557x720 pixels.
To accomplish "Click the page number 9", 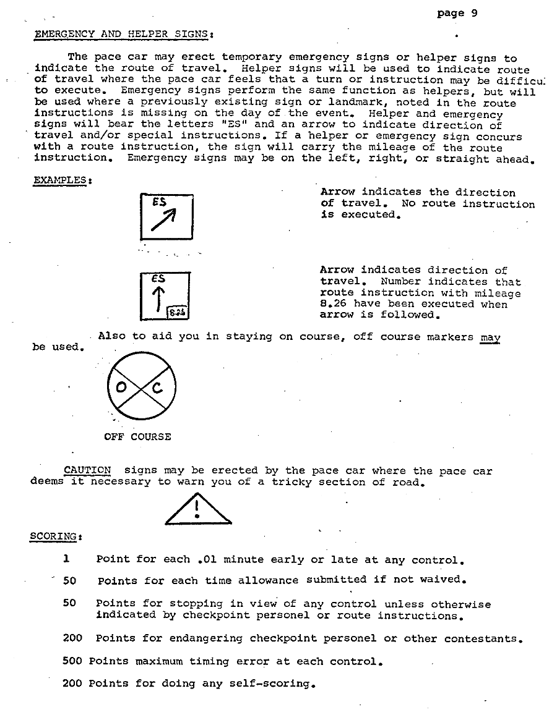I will pos(474,13).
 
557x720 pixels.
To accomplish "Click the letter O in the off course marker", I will pos(121,388).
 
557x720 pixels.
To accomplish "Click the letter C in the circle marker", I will pos(157,388).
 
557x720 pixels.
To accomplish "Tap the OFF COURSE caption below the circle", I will pos(137,436).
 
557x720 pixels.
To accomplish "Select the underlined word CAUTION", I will pos(88,471).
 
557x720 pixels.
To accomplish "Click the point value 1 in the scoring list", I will pos(66,559).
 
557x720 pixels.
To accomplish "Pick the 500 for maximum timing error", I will pos(72,661).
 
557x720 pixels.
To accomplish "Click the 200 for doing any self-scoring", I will pos(72,683).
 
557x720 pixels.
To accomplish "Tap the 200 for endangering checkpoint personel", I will pos(72,638).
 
